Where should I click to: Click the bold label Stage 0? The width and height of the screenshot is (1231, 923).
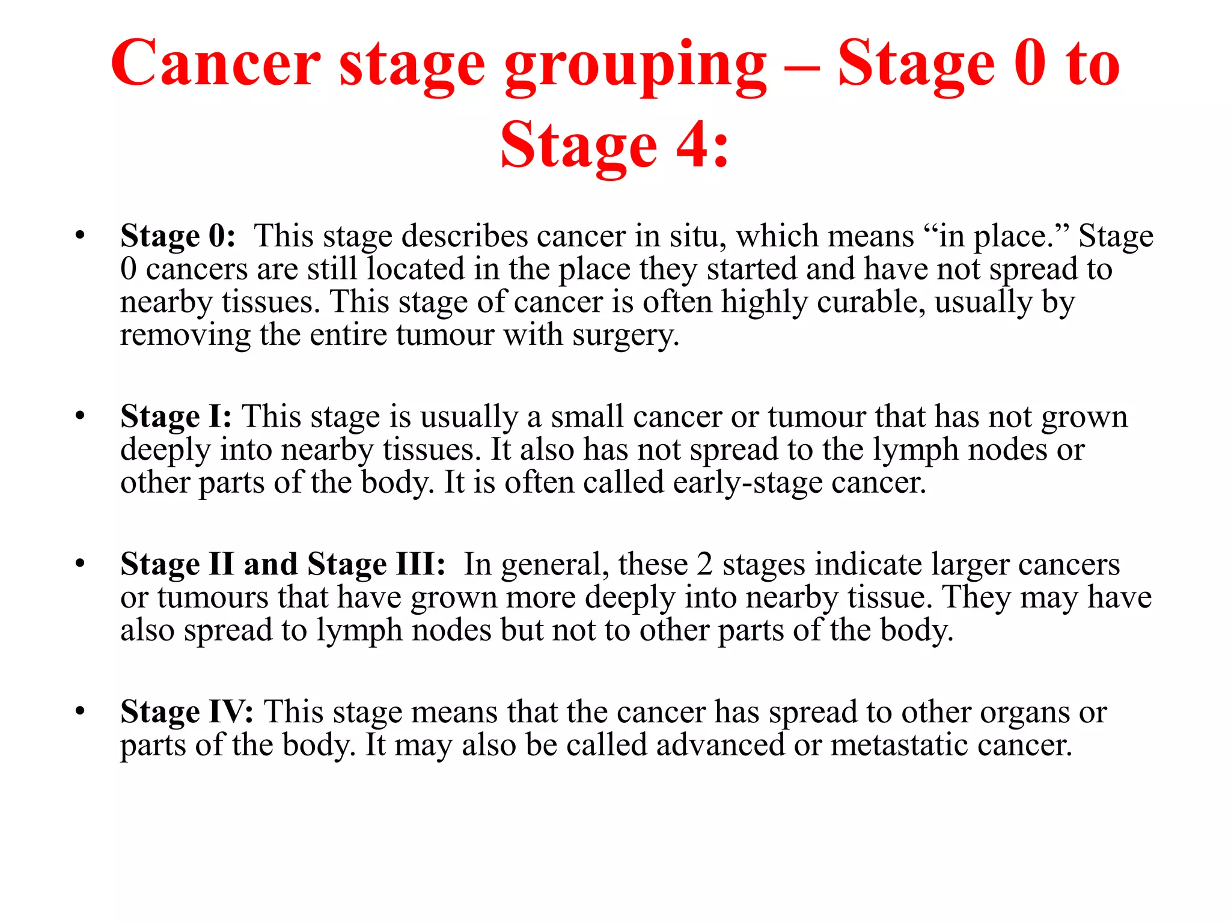pos(178,236)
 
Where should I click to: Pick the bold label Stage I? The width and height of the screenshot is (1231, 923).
pos(176,416)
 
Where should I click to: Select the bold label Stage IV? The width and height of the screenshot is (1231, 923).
pos(186,712)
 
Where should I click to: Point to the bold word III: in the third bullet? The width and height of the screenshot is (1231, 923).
pos(420,564)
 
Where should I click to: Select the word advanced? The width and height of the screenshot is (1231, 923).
pos(720,745)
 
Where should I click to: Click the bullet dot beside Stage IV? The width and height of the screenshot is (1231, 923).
pos(80,711)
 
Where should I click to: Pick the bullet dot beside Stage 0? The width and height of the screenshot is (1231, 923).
pos(80,235)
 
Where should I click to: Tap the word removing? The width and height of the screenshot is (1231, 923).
pos(185,335)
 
